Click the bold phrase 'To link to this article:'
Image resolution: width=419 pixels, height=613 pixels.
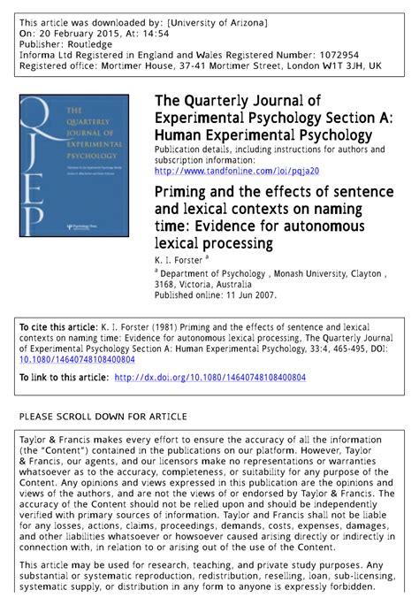click(63, 378)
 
